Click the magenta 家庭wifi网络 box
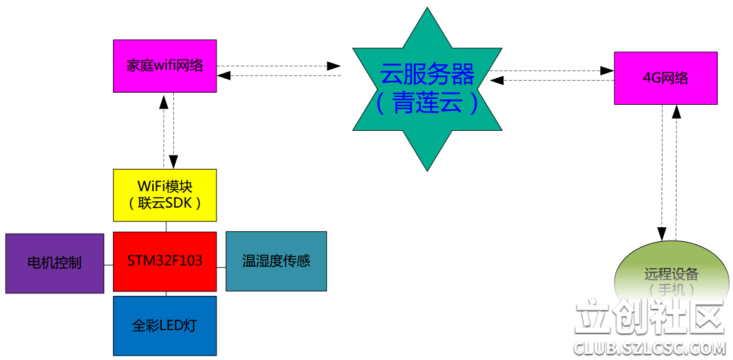point(165,66)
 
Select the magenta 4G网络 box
point(666,78)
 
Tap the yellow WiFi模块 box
point(165,195)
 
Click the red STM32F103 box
point(165,261)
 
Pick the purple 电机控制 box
point(55,263)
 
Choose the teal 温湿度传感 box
point(276,261)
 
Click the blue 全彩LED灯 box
point(165,326)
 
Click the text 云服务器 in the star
point(427,75)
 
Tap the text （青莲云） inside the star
point(427,103)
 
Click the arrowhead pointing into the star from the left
point(334,66)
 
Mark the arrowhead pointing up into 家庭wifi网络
point(165,100)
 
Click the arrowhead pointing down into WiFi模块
point(174,163)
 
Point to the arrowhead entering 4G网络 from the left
point(607,71)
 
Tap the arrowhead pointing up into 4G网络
point(677,112)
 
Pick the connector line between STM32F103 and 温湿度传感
point(221,267)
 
